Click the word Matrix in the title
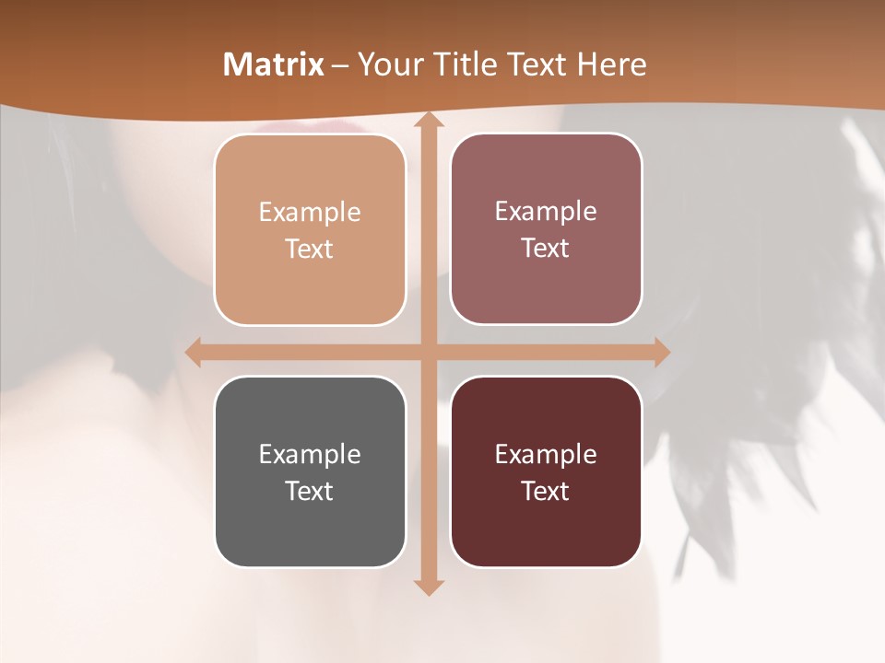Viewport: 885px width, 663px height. pos(274,64)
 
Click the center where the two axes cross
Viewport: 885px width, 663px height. pos(427,352)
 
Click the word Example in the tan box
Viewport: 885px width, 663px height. pos(310,213)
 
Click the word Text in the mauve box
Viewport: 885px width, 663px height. pos(546,249)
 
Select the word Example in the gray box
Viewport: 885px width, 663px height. pos(310,455)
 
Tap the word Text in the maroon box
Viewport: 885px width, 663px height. pos(546,491)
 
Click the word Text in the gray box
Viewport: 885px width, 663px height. pos(310,491)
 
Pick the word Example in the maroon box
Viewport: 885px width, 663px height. pos(546,455)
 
